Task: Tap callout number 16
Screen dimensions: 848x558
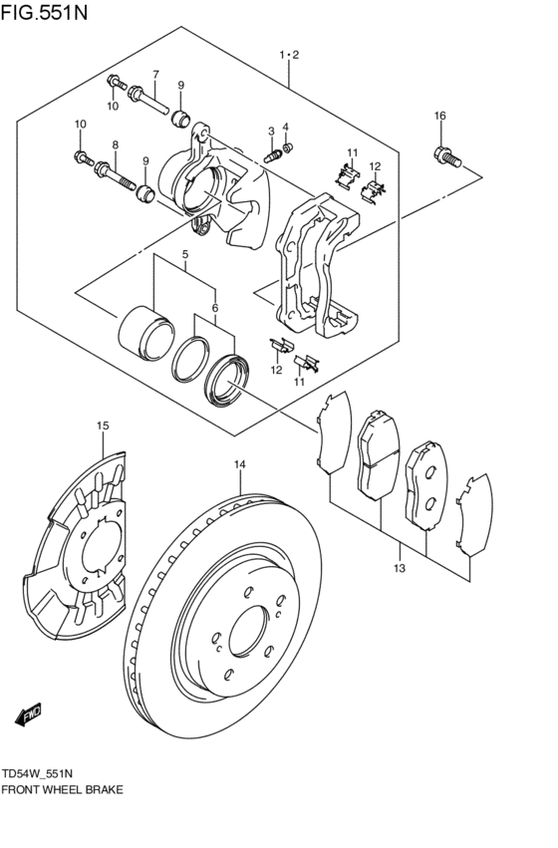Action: tap(439, 117)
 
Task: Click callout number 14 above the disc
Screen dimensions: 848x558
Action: tap(239, 464)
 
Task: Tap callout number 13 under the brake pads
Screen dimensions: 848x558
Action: tap(400, 569)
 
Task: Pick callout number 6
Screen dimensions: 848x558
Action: tap(213, 308)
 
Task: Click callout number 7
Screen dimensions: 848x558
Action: tap(155, 75)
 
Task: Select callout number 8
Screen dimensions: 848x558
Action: tap(115, 145)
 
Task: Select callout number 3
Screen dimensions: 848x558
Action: tap(270, 132)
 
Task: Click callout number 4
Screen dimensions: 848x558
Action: tap(285, 127)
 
